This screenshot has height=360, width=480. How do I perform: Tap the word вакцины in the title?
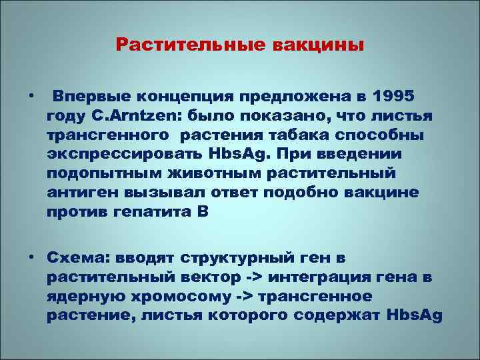point(319,45)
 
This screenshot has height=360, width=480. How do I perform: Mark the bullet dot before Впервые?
point(31,97)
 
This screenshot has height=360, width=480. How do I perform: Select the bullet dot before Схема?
point(31,257)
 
